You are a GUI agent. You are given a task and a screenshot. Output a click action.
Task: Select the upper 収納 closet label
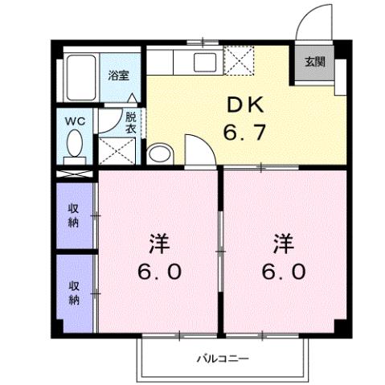tap(74, 215)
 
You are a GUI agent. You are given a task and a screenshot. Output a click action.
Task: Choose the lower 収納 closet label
tap(74, 293)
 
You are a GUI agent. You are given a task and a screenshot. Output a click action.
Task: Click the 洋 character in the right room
tap(283, 242)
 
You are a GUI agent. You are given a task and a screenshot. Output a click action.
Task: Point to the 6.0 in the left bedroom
tap(157, 271)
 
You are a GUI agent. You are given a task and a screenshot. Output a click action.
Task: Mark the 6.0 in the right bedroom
tap(283, 271)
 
